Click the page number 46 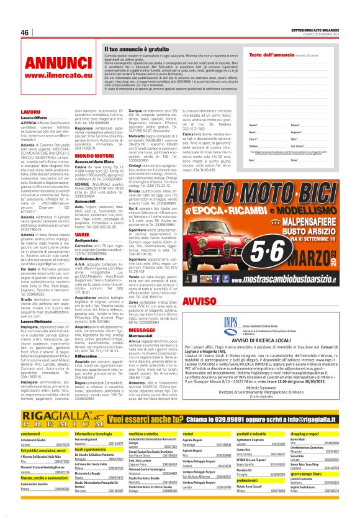25,32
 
